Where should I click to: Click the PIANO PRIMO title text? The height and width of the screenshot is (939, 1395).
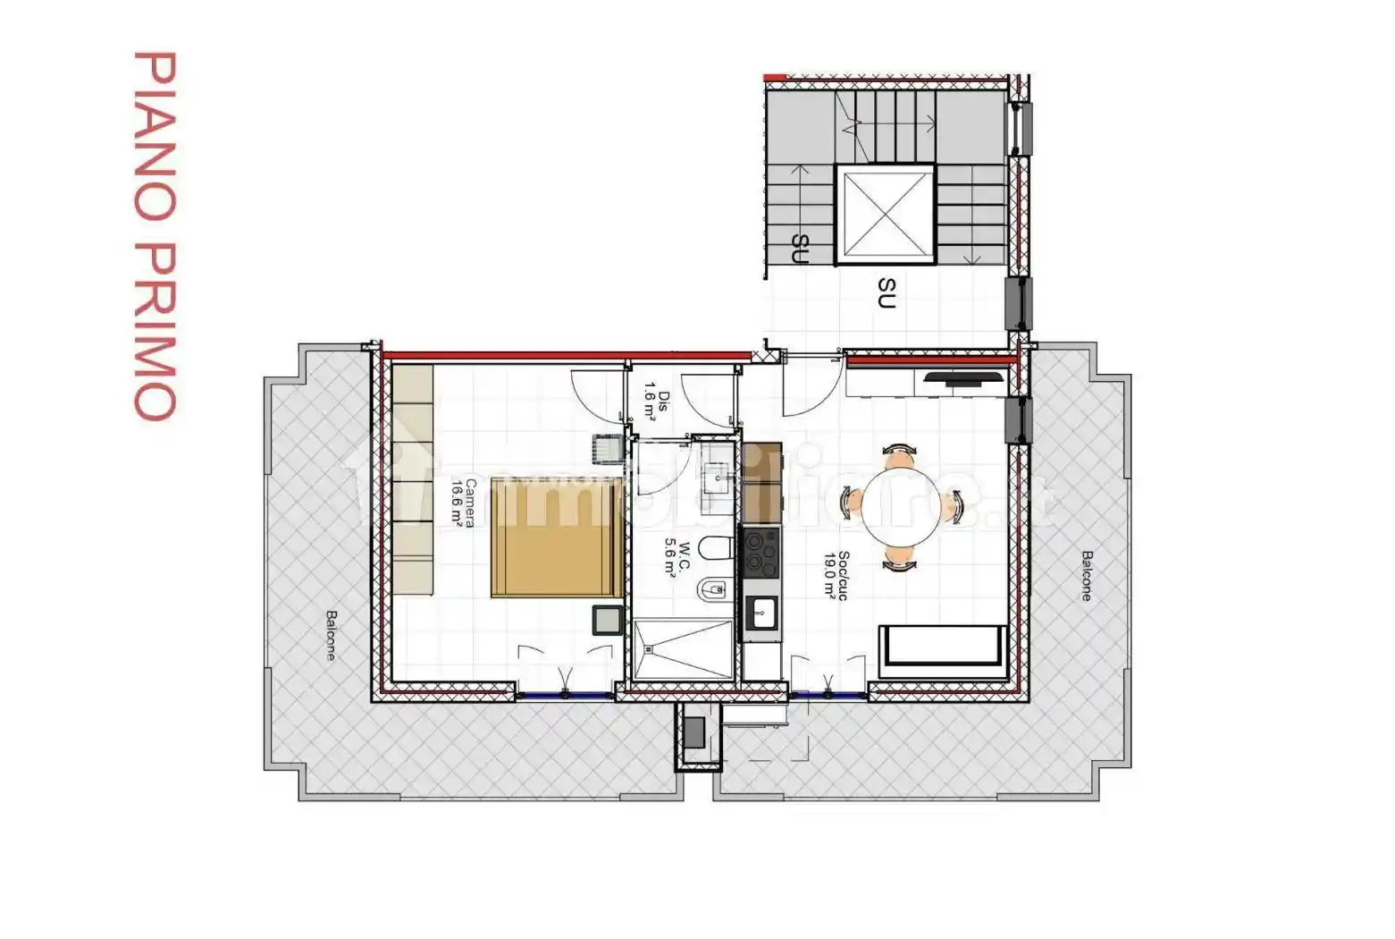click(x=155, y=235)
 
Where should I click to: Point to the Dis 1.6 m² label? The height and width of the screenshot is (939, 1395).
click(x=657, y=400)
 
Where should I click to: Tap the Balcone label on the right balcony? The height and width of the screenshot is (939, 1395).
click(x=1086, y=576)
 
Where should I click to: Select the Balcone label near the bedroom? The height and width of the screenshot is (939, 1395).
click(x=331, y=635)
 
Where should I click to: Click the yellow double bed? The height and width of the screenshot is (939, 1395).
click(x=556, y=537)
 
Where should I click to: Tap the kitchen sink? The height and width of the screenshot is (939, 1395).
click(x=761, y=613)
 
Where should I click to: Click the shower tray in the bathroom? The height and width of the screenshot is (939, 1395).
click(x=685, y=652)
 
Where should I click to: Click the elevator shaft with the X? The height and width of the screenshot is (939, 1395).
click(x=885, y=216)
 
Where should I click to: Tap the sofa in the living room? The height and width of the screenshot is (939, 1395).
click(x=943, y=651)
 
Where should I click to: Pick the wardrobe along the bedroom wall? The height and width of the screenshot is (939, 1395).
click(x=414, y=479)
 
